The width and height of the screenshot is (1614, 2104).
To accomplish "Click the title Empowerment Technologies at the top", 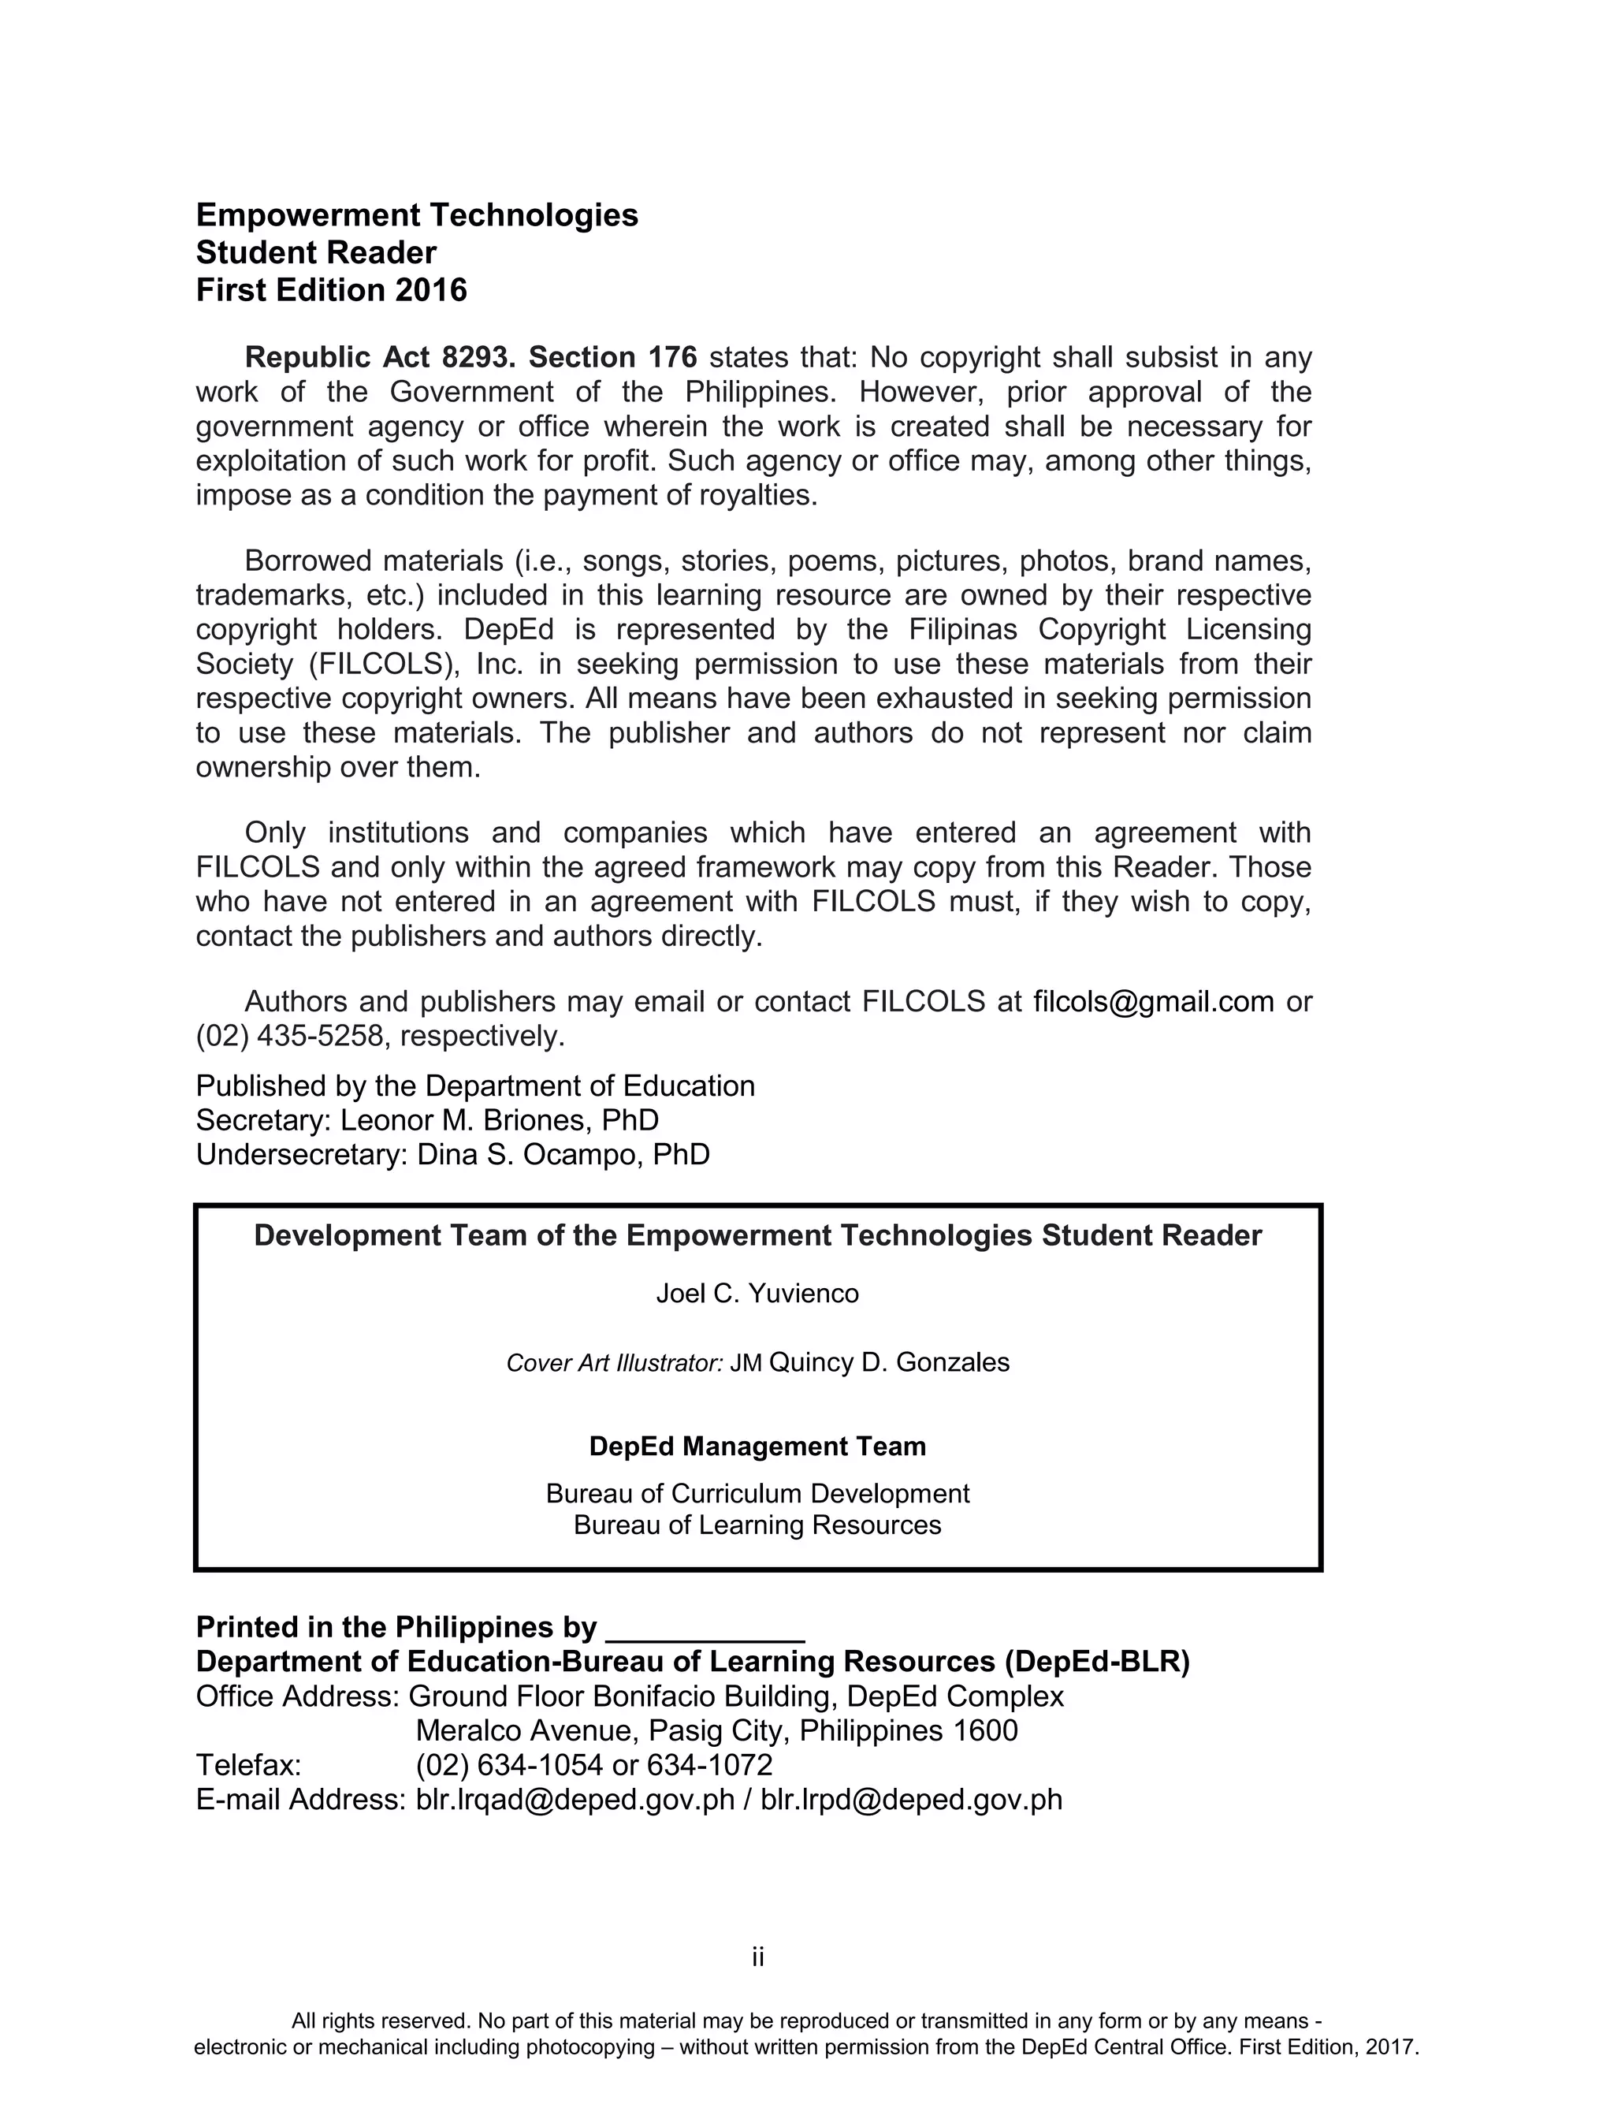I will (x=417, y=215).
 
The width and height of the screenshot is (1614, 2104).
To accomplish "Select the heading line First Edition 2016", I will (x=332, y=290).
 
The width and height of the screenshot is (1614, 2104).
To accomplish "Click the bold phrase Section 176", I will (x=613, y=357).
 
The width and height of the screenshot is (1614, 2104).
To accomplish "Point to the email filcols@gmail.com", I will (x=1153, y=1001).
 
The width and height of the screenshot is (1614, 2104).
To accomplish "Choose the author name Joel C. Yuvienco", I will (x=757, y=1294).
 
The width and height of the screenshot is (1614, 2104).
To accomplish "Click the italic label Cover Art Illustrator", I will (x=614, y=1363).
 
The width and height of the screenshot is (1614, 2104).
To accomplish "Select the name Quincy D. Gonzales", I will (x=889, y=1362).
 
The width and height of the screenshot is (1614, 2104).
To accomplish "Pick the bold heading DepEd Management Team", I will (x=757, y=1447).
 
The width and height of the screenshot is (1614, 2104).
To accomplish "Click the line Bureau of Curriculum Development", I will (x=757, y=1494).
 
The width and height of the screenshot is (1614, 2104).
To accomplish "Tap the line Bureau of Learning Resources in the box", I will (x=757, y=1525).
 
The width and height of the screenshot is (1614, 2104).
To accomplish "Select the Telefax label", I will (x=249, y=1766).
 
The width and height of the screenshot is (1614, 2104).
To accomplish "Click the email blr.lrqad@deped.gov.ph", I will (x=575, y=1800).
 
